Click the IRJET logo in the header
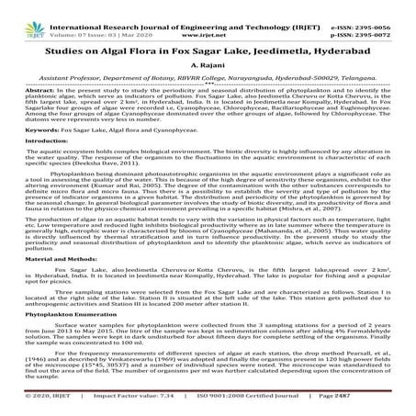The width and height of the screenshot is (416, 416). pos(27,15)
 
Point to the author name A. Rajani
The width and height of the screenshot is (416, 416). pos(208,65)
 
